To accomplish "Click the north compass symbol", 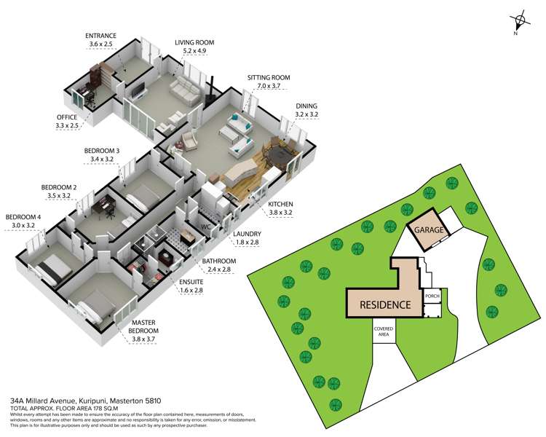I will (518, 23).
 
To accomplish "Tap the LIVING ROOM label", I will (194, 42).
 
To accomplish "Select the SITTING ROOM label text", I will (269, 77).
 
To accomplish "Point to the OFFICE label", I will (67, 117).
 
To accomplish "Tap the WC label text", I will (206, 227).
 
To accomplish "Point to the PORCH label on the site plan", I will (433, 296).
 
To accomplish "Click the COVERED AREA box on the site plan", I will (384, 332).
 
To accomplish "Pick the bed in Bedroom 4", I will (52, 267).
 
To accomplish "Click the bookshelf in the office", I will (100, 76).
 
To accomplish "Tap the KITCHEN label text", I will (280, 205).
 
